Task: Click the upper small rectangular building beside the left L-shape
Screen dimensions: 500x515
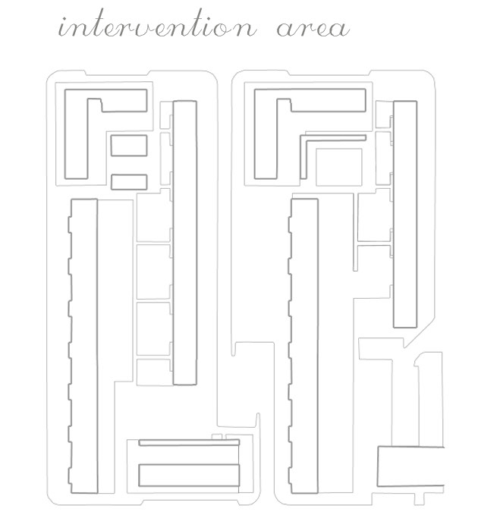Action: point(128,145)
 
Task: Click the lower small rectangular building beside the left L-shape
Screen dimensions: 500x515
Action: point(128,182)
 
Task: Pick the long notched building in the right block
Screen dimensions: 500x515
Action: point(303,345)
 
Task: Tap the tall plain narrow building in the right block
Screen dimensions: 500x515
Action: point(404,215)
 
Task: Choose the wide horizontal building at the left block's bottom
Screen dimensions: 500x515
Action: point(189,474)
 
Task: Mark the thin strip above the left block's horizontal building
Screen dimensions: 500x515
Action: point(189,442)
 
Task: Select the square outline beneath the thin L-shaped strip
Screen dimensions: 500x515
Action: point(338,165)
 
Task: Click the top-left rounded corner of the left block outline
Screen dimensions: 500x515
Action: point(50,75)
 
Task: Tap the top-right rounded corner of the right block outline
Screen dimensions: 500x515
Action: point(431,75)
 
